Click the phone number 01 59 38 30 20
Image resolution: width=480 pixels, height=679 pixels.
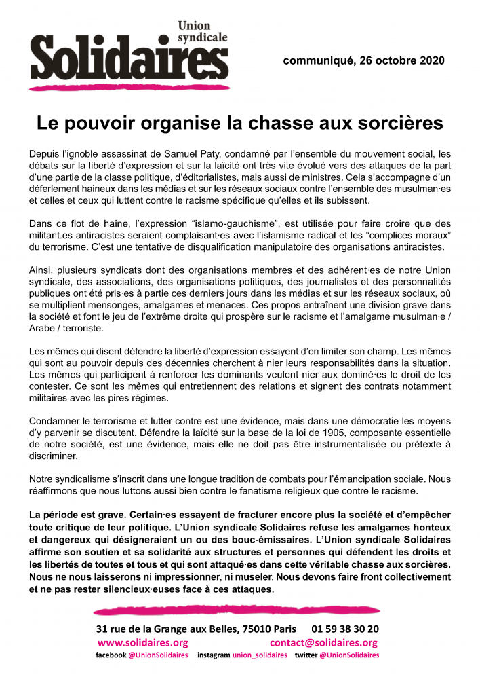tap(346, 629)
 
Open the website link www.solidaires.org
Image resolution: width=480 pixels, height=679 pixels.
tap(143, 642)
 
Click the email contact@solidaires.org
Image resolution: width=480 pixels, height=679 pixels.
tap(323, 642)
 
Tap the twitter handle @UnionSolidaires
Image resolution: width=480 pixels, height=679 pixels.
tap(348, 655)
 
